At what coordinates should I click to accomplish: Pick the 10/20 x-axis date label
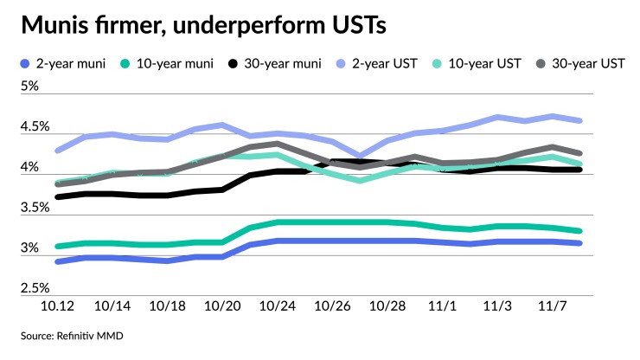225,307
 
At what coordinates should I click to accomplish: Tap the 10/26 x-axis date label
335,307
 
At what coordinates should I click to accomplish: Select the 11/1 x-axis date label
444,307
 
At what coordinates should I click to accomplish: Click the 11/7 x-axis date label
553,307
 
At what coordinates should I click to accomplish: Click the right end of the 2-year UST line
579,120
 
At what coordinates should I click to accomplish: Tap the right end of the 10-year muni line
579,231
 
